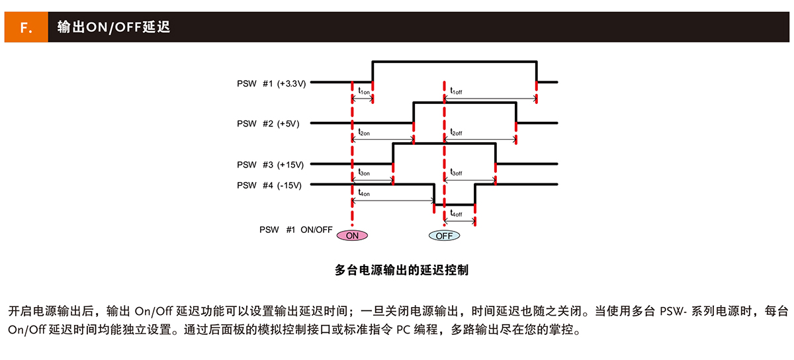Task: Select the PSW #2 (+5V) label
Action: (268, 124)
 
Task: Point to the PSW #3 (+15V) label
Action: (270, 165)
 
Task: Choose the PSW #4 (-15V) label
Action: (269, 185)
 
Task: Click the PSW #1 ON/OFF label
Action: (296, 230)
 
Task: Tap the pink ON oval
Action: (352, 236)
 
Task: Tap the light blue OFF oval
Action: (443, 236)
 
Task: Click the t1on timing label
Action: (364, 91)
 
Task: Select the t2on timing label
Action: (364, 132)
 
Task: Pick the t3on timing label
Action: (364, 172)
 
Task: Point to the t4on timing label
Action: (364, 193)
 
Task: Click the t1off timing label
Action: (457, 91)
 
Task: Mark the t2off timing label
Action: (457, 132)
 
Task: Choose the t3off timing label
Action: (457, 172)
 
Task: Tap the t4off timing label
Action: (457, 214)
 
